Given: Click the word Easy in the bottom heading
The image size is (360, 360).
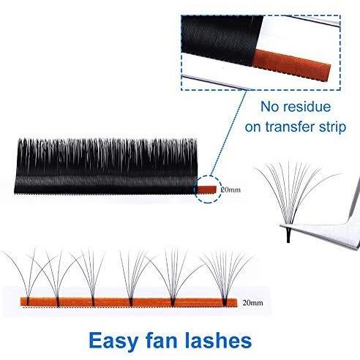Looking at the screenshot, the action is [x=114, y=341].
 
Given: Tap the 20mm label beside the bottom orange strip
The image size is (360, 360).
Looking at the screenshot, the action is [x=252, y=303].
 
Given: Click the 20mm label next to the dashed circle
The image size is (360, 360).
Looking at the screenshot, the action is [x=230, y=190].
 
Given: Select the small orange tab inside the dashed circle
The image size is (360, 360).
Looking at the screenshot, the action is [x=207, y=189].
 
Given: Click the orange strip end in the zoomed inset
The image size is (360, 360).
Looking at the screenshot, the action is [x=291, y=65].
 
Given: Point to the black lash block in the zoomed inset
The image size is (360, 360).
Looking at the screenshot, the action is [x=222, y=39].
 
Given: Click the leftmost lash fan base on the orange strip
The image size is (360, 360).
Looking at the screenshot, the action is [x=28, y=301].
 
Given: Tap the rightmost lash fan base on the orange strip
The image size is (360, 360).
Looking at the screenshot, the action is [x=225, y=301].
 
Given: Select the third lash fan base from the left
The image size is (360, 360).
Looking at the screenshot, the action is [x=93, y=301].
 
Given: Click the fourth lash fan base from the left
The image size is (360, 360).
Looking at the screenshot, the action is [x=131, y=302].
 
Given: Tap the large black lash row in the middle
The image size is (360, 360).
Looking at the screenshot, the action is [x=105, y=166].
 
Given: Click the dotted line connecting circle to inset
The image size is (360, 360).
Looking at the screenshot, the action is [x=228, y=133].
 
